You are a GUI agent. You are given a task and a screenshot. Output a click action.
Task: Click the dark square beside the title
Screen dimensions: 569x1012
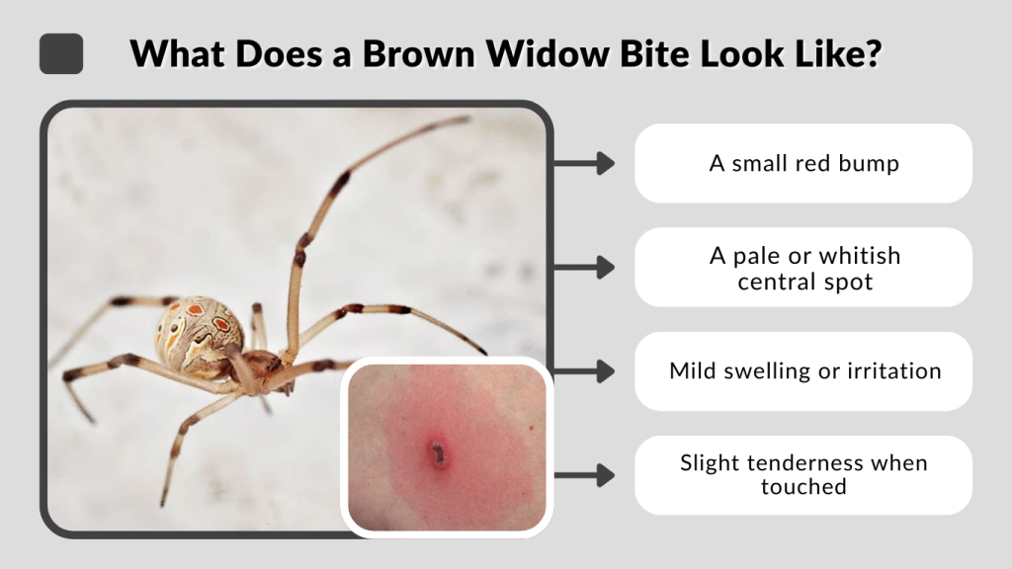pyautogui.click(x=61, y=53)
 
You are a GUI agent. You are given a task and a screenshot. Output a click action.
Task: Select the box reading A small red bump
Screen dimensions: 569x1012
pyautogui.click(x=803, y=163)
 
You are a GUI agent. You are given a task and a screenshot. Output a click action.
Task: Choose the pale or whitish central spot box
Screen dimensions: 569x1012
pyautogui.click(x=803, y=268)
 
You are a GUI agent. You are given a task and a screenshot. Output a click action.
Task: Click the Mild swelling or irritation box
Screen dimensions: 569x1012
pyautogui.click(x=803, y=371)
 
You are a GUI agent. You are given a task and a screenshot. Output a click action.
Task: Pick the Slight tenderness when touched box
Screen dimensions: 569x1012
pyautogui.click(x=803, y=474)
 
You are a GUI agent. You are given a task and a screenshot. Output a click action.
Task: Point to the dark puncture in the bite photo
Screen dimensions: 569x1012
pyautogui.click(x=437, y=452)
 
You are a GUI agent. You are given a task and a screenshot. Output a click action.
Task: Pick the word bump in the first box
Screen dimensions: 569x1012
pyautogui.click(x=870, y=164)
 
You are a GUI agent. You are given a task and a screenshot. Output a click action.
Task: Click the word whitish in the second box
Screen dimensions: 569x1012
pyautogui.click(x=859, y=256)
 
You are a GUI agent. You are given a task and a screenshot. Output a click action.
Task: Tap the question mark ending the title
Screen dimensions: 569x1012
pyautogui.click(x=869, y=53)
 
